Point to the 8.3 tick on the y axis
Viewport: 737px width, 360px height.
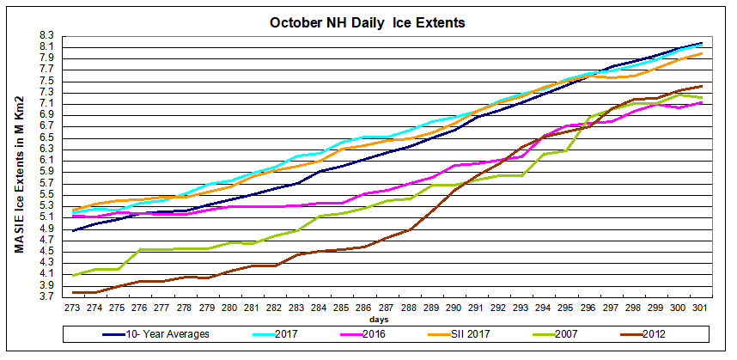(x=47, y=35)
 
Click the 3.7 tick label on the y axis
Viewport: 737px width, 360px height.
(x=47, y=296)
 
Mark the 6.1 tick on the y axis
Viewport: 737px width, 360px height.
(x=47, y=160)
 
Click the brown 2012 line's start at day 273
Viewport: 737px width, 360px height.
(x=75, y=292)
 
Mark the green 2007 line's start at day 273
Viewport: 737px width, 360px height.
(x=75, y=275)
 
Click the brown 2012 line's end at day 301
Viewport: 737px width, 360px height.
(x=701, y=86)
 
